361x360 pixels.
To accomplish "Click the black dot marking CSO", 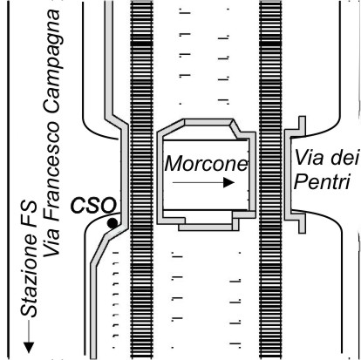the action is click(x=112, y=223).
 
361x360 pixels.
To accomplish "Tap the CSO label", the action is click(x=93, y=205).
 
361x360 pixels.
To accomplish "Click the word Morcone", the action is click(x=206, y=163).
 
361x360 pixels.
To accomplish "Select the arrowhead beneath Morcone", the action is click(x=228, y=182).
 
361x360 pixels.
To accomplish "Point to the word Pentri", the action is click(x=322, y=182).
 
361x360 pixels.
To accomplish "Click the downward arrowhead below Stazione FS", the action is click(x=29, y=348).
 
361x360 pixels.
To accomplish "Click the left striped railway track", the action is click(x=142, y=180).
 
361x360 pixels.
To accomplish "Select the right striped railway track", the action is click(x=270, y=180).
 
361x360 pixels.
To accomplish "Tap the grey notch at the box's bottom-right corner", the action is click(x=243, y=215).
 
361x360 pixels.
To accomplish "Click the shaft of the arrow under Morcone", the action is click(x=198, y=182).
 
